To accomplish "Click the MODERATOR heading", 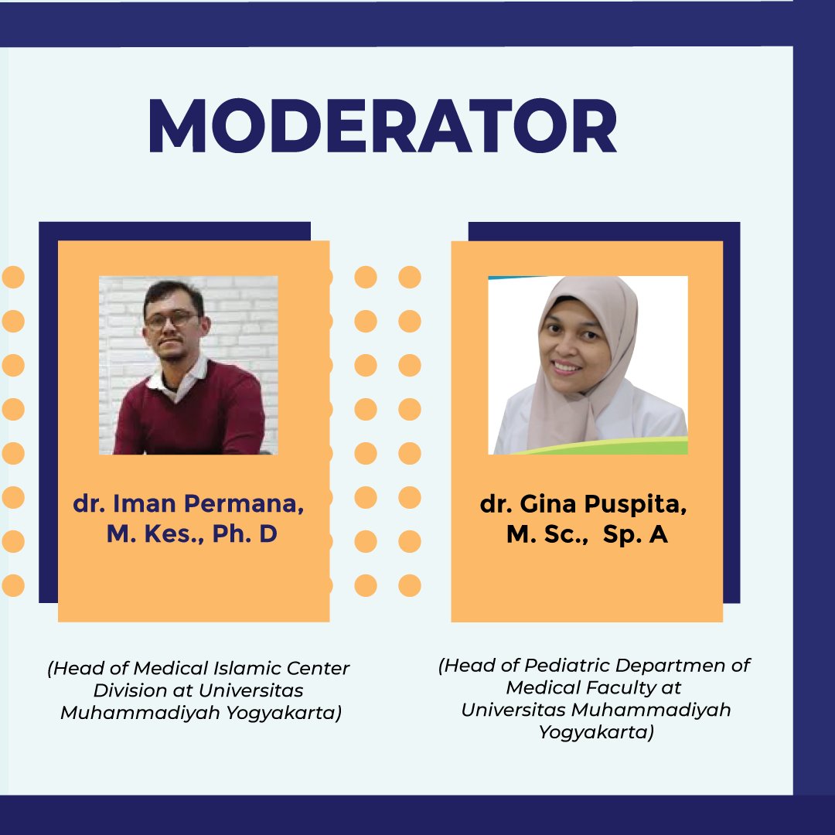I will point(383,126).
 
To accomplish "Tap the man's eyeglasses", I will point(172,319).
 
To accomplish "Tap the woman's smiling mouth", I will point(567,366).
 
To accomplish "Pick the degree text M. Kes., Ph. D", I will point(192,533).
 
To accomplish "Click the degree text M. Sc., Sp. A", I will point(587,534).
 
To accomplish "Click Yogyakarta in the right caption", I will point(596,731).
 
